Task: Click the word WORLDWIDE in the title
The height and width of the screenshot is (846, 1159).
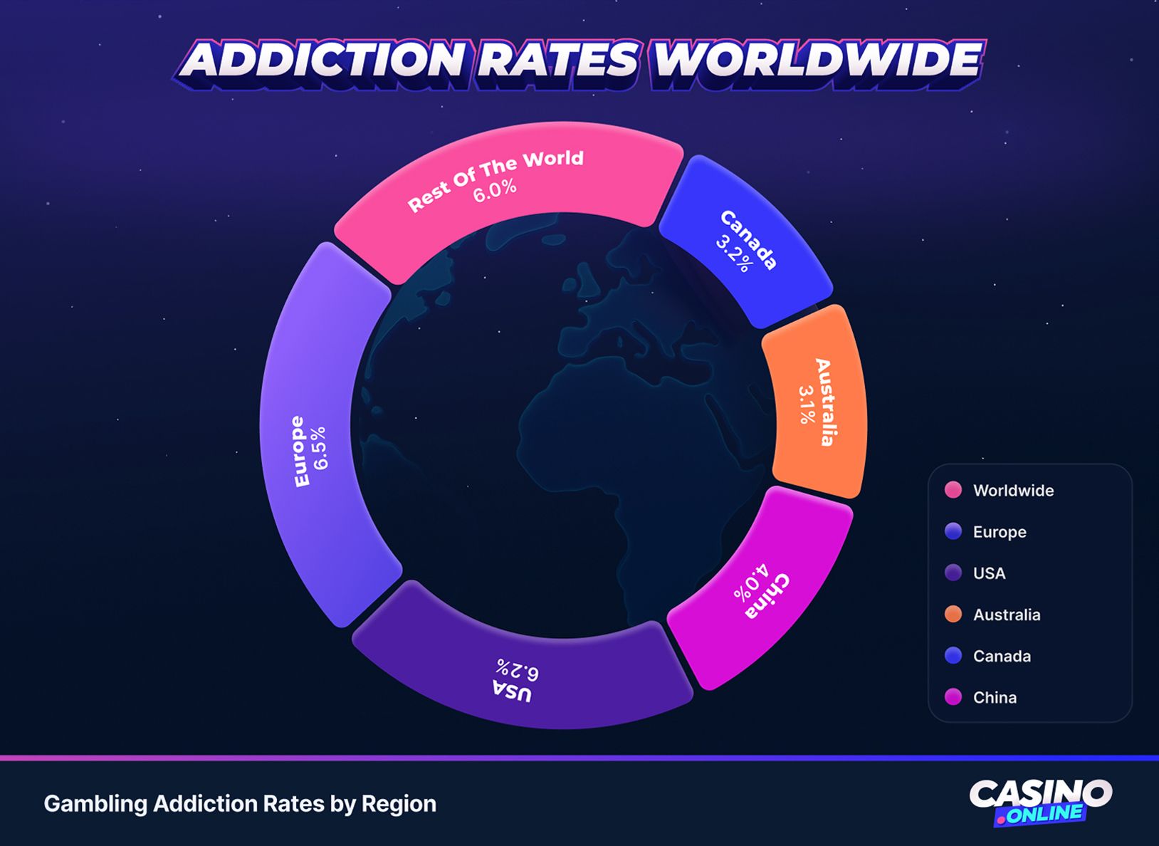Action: [x=817, y=59]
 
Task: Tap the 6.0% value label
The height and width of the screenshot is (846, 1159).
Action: [x=495, y=190]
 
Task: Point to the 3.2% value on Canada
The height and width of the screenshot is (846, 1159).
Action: [x=734, y=250]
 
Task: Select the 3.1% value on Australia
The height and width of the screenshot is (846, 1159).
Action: [x=807, y=404]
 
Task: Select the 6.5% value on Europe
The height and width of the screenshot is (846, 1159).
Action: [x=320, y=447]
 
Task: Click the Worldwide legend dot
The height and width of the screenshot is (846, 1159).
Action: [x=953, y=490]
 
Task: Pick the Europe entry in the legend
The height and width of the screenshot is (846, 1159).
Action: [x=999, y=532]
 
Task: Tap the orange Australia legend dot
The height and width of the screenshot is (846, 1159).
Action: [x=953, y=615]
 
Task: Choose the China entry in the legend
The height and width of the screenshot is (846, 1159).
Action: [x=994, y=698]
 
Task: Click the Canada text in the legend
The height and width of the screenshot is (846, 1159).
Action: [x=1002, y=657]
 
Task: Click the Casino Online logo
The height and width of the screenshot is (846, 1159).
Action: [x=1040, y=802]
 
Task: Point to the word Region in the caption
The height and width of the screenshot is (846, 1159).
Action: [x=399, y=804]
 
